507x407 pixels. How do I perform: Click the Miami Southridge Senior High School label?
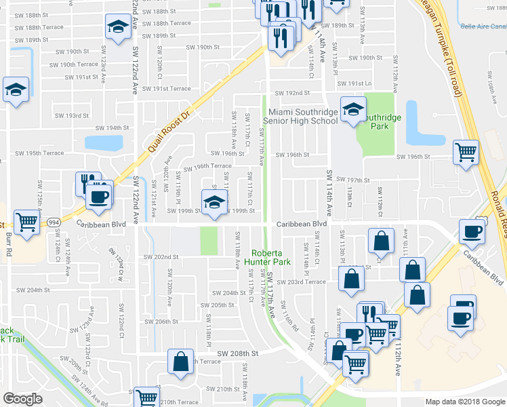[302, 116]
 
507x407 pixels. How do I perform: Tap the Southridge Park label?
[380, 121]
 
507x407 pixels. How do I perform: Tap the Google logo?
[22, 399]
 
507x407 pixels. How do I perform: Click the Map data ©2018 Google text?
[465, 402]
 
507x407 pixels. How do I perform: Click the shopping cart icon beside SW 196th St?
[466, 152]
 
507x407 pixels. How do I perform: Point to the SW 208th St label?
[239, 353]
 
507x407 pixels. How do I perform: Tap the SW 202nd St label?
[161, 257]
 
